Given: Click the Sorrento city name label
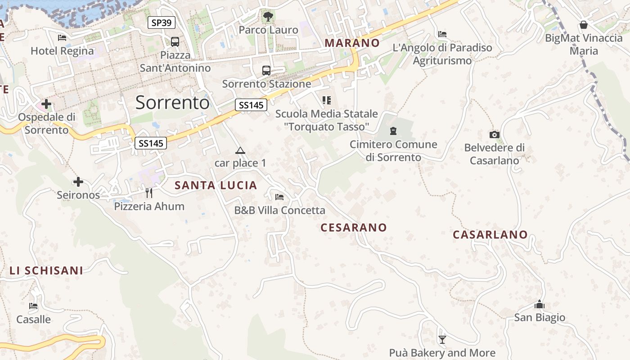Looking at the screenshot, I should [x=172, y=103].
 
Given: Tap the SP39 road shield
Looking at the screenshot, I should [x=162, y=22].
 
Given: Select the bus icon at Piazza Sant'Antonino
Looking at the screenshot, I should [x=175, y=42].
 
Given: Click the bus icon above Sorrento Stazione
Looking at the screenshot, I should [x=266, y=71].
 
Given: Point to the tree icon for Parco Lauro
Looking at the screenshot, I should [x=268, y=17].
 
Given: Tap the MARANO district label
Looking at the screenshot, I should [x=352, y=43].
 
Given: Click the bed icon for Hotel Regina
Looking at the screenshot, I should [x=62, y=38].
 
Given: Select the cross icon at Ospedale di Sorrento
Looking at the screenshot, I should [x=46, y=104].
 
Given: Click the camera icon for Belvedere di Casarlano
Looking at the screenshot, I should [x=494, y=135].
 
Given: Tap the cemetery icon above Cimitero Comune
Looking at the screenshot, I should [x=393, y=131].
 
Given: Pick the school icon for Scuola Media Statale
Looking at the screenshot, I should [x=326, y=100].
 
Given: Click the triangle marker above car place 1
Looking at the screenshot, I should [x=240, y=150].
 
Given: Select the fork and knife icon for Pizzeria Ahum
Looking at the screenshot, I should [x=149, y=193].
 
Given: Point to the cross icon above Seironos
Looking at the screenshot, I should [x=78, y=182].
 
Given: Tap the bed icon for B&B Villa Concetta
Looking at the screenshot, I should [x=279, y=197].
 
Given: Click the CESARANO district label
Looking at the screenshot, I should [x=354, y=228].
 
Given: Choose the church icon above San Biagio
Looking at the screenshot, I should [x=539, y=305].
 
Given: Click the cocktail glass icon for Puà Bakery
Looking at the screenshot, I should [x=442, y=340].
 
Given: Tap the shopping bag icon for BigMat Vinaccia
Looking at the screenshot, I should [x=583, y=25].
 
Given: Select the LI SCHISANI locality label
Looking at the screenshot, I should [x=46, y=270].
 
